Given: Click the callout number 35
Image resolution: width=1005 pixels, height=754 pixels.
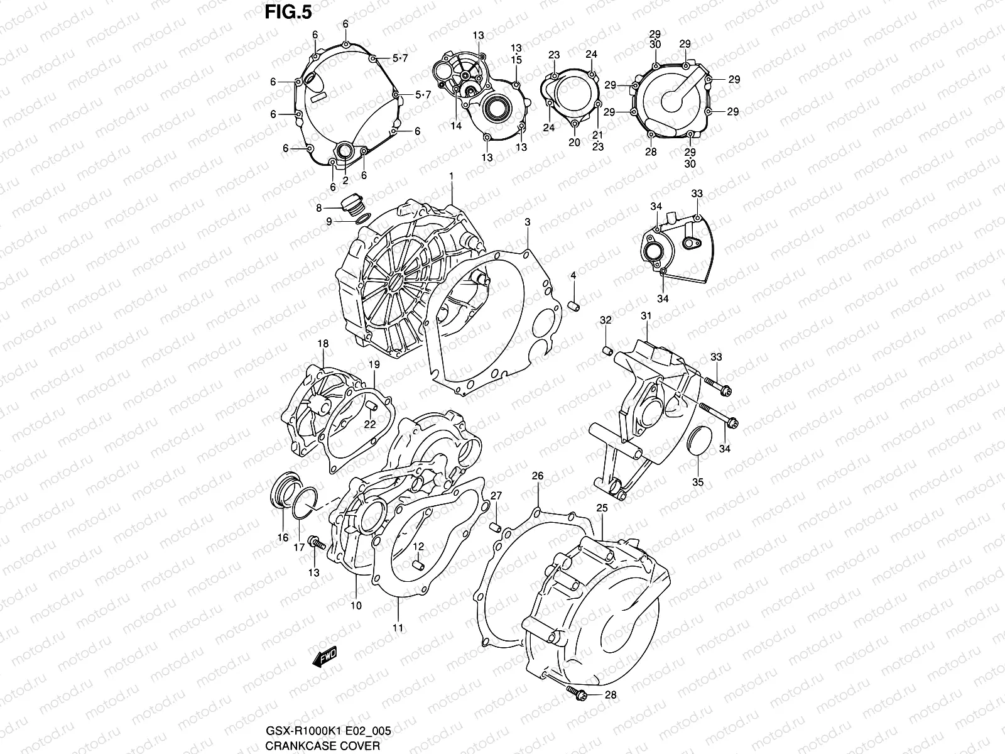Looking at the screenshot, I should (698, 483).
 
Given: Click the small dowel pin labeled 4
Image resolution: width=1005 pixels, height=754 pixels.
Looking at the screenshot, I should (573, 305).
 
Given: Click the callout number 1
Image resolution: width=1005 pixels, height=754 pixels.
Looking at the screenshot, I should (451, 175).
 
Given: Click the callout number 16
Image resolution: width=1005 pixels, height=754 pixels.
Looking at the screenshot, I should (283, 537).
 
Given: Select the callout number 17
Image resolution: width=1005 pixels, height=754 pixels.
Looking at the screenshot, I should (300, 547).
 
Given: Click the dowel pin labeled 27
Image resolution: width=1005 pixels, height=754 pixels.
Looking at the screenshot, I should (494, 526).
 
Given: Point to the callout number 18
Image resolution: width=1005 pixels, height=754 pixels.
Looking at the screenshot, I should (323, 344).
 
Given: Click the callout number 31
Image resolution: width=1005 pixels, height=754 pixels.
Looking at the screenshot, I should (646, 316).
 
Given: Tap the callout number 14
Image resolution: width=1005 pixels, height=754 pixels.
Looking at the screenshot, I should (456, 126).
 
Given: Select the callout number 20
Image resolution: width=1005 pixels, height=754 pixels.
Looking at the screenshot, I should (574, 142).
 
